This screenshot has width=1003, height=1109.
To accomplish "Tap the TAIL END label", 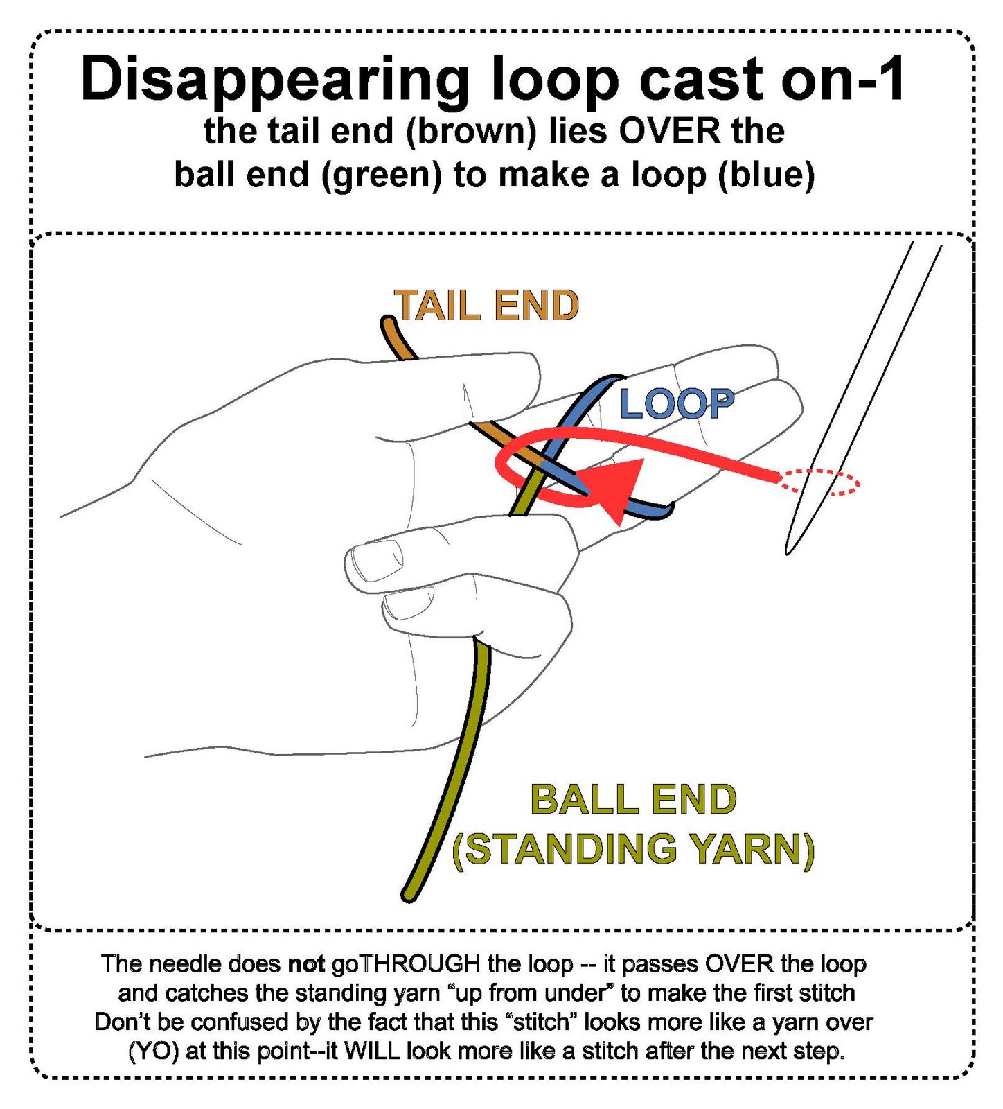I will (x=486, y=306).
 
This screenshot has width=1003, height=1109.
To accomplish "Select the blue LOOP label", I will (x=676, y=403).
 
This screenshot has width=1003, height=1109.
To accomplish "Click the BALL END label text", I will (x=633, y=799).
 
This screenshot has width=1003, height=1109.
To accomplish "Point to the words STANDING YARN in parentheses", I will (x=633, y=849).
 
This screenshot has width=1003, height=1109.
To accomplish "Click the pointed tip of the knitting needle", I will (x=788, y=552).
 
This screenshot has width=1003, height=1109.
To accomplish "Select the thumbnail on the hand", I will (x=378, y=559).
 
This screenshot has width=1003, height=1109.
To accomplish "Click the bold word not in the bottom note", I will (x=306, y=964).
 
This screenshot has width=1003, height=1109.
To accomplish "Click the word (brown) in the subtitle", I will (x=471, y=132).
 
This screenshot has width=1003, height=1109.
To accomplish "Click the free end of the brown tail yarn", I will (x=387, y=322).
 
